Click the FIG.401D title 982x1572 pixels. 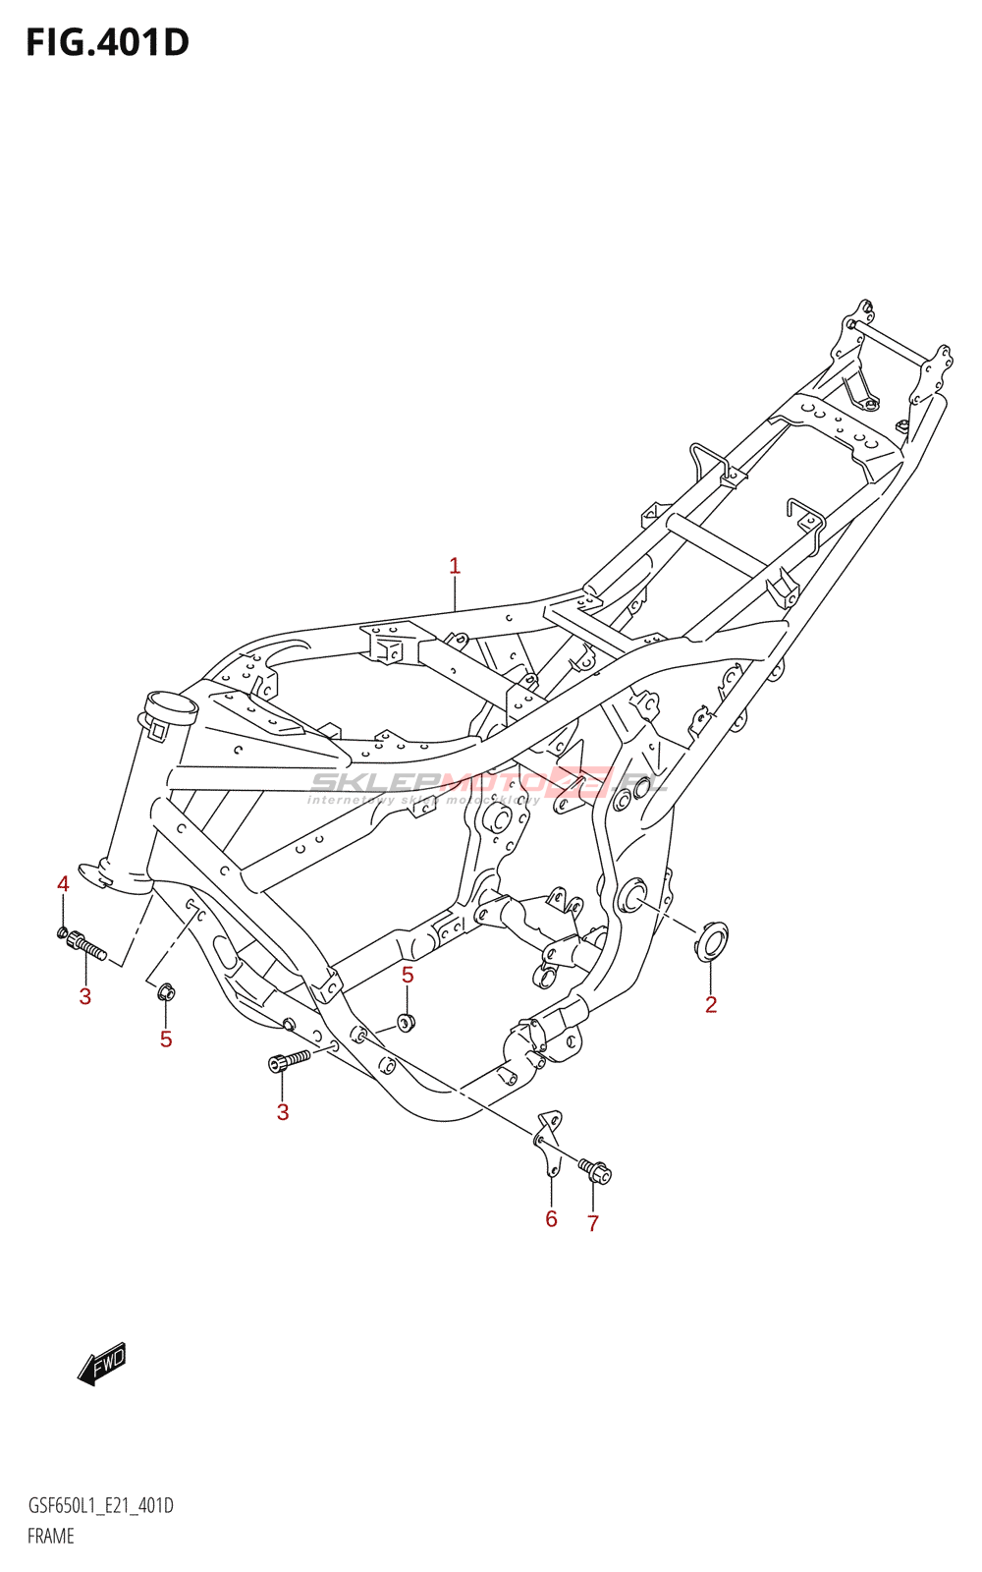pyautogui.click(x=107, y=42)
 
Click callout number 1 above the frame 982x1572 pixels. pyautogui.click(x=455, y=566)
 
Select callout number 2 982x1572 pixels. pyautogui.click(x=711, y=1004)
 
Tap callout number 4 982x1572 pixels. pyautogui.click(x=63, y=884)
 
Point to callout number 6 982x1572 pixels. pyautogui.click(x=551, y=1218)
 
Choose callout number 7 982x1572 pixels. pyautogui.click(x=593, y=1223)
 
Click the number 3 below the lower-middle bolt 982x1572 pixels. pyautogui.click(x=283, y=1112)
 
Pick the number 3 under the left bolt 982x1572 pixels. pyautogui.click(x=85, y=996)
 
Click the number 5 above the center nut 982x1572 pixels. pyautogui.click(x=408, y=975)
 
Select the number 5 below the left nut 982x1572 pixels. pyautogui.click(x=166, y=1039)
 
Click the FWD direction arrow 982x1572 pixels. pyautogui.click(x=102, y=1363)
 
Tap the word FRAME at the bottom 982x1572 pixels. pyautogui.click(x=51, y=1536)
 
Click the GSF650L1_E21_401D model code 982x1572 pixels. pyautogui.click(x=100, y=1506)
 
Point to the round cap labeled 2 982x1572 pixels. pyautogui.click(x=711, y=940)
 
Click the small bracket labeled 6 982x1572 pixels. pyautogui.click(x=548, y=1140)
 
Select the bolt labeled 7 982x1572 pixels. pyautogui.click(x=595, y=1171)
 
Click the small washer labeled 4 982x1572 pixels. pyautogui.click(x=63, y=931)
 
